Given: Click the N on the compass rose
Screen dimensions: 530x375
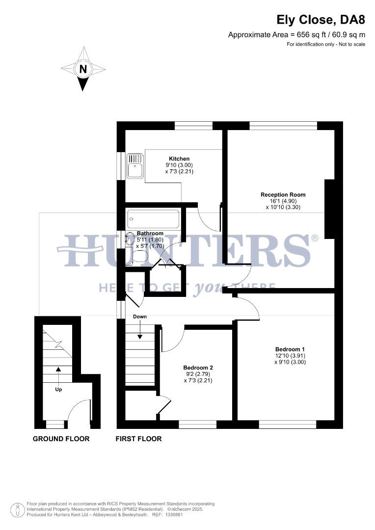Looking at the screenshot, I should [83, 69].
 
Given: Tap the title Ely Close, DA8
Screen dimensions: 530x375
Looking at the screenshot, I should [321, 20].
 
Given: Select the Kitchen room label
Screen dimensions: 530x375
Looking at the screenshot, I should [179, 159].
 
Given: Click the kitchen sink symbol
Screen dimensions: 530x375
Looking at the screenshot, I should [134, 165].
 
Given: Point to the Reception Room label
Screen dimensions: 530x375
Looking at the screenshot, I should [283, 195].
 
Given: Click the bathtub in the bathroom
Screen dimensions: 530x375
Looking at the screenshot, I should [153, 219].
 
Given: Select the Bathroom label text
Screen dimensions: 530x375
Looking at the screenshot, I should [150, 233].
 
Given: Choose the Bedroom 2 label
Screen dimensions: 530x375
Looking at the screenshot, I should [198, 367].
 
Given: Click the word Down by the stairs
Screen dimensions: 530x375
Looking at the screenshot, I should [140, 317].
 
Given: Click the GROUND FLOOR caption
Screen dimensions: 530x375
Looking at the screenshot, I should [61, 439].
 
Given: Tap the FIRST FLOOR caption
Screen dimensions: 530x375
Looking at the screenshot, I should [138, 439].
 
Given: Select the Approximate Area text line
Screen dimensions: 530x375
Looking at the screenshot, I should [296, 34].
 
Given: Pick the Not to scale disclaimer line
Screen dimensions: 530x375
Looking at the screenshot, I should [326, 44].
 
